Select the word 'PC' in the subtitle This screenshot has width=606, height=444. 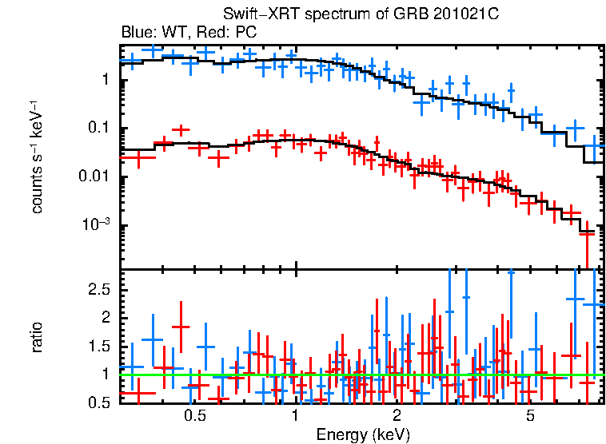[246, 33]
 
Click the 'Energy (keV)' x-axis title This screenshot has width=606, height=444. [363, 434]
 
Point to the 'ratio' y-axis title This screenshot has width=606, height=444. [37, 337]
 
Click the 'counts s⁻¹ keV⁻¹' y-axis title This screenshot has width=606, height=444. [37, 157]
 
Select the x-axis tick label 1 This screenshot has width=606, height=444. [296, 417]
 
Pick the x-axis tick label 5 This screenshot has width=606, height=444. [531, 417]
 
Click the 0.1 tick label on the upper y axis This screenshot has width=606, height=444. [98, 129]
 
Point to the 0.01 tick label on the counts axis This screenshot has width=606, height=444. [93, 177]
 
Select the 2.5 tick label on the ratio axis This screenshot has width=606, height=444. [98, 289]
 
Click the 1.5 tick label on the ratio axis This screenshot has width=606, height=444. [98, 346]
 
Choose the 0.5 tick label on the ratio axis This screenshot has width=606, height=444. [98, 402]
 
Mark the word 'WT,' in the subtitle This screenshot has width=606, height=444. [175, 33]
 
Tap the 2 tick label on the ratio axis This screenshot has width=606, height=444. [106, 318]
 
